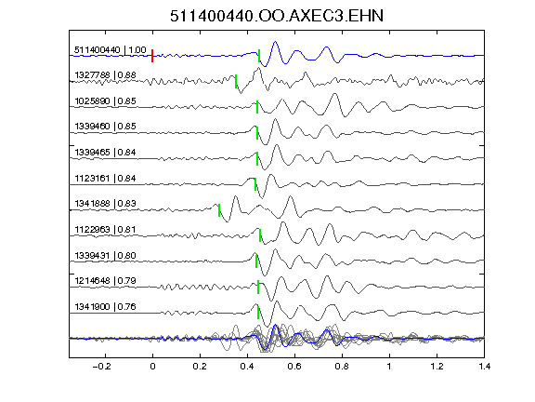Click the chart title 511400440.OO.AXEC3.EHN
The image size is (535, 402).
coord(277,16)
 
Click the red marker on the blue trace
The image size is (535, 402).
coord(152,56)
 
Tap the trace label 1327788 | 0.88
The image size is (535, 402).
coord(106,74)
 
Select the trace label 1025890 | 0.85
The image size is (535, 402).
coord(106,101)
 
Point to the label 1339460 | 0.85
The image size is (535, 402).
coord(106,127)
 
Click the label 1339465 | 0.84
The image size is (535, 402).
coord(106,152)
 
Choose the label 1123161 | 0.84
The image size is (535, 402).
coord(106,178)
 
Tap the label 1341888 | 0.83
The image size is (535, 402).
coord(106,204)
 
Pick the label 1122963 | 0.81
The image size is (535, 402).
coord(106,229)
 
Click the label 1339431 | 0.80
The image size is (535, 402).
coord(106,255)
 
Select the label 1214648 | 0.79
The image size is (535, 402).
coord(106,281)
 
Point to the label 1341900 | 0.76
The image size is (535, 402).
coord(106,307)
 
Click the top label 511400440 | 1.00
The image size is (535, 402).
coord(111,50)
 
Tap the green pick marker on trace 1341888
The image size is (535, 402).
coord(219,210)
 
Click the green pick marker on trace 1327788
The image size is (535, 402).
coord(236,81)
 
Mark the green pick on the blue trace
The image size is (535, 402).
coord(259,56)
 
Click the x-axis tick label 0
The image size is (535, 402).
coord(152,367)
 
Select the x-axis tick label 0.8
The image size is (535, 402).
coord(342,367)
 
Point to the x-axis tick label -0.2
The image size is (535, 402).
coord(101,367)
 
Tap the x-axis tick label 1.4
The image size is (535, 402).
coord(485,367)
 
